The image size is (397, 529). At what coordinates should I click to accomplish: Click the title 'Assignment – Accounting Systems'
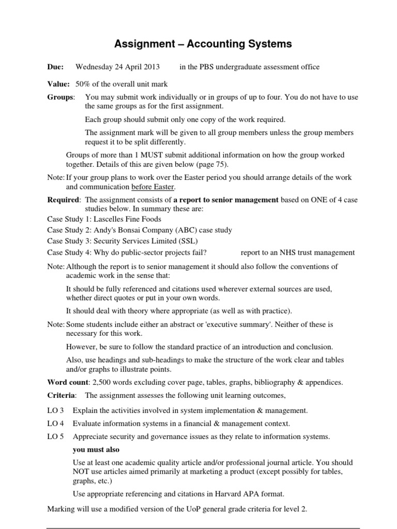point(198,44)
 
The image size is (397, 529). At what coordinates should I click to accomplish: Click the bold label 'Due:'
point(55,67)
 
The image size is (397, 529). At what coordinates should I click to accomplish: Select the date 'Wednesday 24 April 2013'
point(117,67)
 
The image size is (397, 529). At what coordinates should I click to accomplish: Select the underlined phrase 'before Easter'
point(154,186)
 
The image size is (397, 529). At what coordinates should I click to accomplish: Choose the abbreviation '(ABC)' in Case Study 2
point(175,230)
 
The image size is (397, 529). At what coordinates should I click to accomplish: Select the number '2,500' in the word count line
point(103,382)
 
